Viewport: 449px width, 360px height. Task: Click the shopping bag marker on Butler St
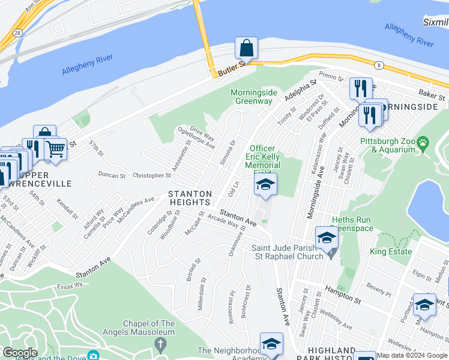(x=246, y=48)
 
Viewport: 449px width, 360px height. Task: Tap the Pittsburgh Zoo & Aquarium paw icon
(x=424, y=143)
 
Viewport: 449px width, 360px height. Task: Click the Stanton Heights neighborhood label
(x=190, y=199)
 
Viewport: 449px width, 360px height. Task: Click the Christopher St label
(x=151, y=176)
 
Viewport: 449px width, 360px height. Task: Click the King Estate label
(x=391, y=251)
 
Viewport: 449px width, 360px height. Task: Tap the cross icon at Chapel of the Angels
(x=160, y=344)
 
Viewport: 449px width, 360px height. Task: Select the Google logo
(x=20, y=353)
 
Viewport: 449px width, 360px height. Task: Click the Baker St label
(x=432, y=95)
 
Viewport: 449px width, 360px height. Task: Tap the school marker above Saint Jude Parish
(x=327, y=238)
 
